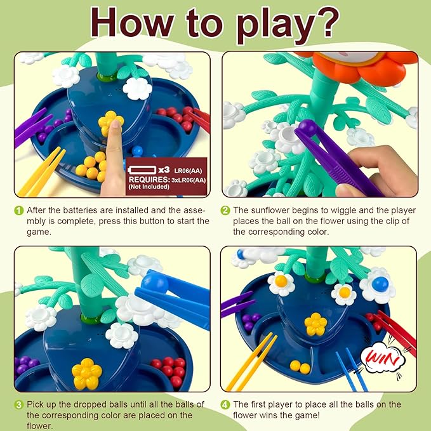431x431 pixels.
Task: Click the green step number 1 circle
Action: coord(18,211)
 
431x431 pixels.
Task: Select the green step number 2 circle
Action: coord(225,211)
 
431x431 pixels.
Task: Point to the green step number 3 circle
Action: coord(18,405)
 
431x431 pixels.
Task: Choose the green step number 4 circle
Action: coord(225,405)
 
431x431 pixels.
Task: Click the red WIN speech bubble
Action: coord(383,357)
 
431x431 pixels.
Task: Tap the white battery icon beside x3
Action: coord(142,170)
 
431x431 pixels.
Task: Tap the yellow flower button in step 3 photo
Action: coord(87,373)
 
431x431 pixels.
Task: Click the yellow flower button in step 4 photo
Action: coord(316,324)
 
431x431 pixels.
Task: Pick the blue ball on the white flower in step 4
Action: coord(380,284)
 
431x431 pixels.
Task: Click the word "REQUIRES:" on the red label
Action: coord(149,180)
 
